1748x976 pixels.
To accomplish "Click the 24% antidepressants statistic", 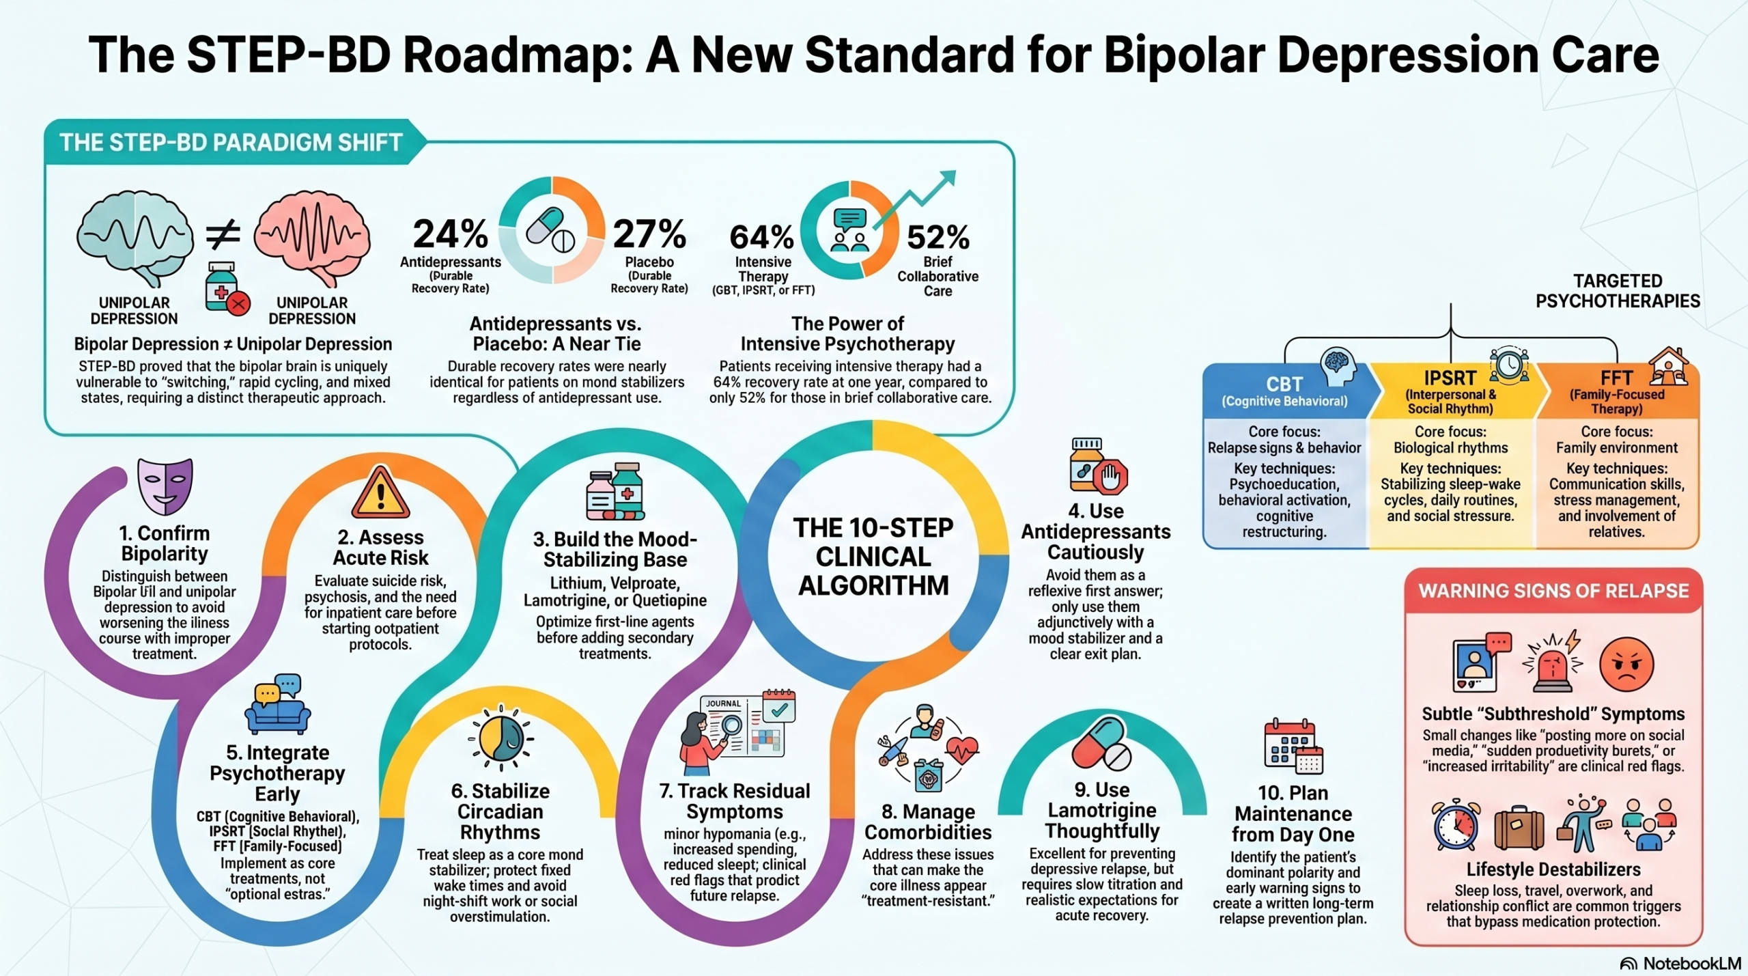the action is (x=451, y=234).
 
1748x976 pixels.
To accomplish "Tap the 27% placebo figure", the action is (x=649, y=234).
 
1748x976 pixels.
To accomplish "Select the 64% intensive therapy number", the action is (x=762, y=238).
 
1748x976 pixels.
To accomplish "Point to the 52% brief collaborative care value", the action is (x=938, y=238).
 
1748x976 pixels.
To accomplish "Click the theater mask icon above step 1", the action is (x=165, y=486).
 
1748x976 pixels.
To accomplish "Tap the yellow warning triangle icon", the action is (x=380, y=492).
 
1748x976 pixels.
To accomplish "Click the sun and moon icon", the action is (x=501, y=738).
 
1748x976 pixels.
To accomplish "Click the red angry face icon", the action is (x=1626, y=664).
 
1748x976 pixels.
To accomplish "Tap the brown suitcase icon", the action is (x=1519, y=828).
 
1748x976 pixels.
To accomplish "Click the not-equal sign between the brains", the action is (x=223, y=234).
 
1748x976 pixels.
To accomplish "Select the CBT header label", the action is (x=1284, y=385).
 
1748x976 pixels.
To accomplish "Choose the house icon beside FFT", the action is (x=1668, y=367).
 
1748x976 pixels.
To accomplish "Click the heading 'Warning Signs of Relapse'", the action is (x=1554, y=591).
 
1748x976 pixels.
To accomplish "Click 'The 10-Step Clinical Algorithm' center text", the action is (x=873, y=557).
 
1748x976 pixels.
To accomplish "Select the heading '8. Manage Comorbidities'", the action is (x=928, y=822).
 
